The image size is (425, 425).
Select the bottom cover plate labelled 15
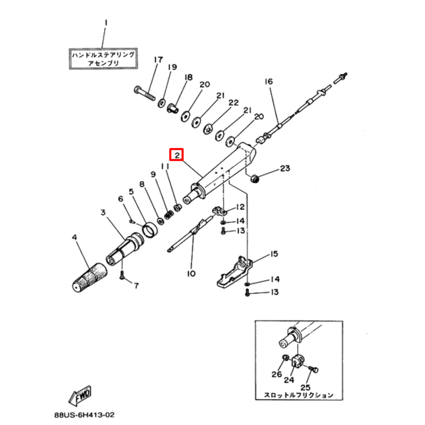(235, 272)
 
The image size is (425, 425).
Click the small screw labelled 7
(122, 275)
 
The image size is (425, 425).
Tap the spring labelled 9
(168, 215)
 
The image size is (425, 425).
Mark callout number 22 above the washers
(233, 103)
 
